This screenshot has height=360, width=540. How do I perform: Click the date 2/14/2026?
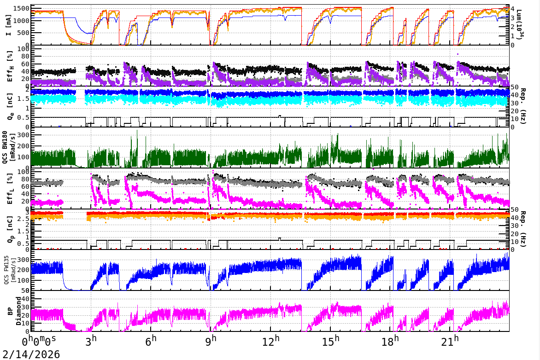tap(30, 354)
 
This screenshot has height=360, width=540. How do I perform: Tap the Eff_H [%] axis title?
tap(8, 66)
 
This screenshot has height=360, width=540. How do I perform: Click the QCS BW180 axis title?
tap(8, 148)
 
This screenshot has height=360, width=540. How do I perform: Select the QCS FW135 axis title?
tap(8, 271)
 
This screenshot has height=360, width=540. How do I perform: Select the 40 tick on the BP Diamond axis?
tap(26, 299)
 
